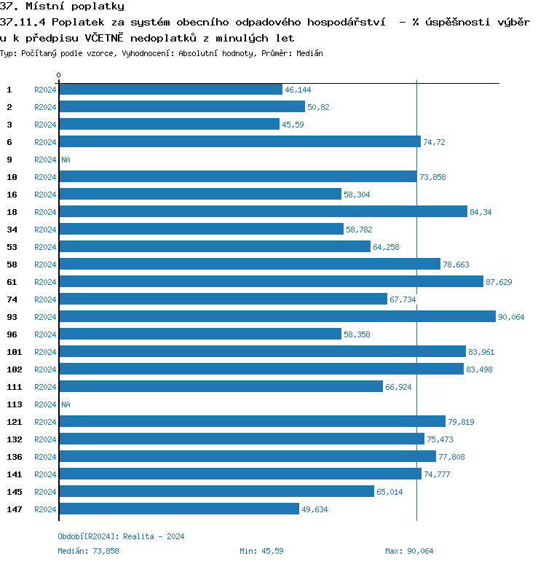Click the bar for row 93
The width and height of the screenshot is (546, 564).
coord(277,316)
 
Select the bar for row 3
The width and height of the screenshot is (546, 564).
coord(169,124)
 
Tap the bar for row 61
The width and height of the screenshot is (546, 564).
coord(271,281)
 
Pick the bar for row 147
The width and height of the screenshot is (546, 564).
coord(178,509)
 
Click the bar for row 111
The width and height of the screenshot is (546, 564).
coord(221,386)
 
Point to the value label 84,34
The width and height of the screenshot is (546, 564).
coord(481,212)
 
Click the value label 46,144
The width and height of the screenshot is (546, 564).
coord(298,90)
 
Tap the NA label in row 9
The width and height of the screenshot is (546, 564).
coord(66,160)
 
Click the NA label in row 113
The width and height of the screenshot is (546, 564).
coord(66,404)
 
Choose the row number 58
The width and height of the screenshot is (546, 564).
coord(12,265)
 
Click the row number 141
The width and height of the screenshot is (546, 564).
coord(15,474)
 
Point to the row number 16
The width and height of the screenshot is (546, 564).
coord(12,195)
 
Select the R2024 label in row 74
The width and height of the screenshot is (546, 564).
coord(45,299)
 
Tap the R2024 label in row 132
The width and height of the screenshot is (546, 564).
coord(45,439)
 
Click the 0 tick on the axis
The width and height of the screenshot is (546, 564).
coord(59,75)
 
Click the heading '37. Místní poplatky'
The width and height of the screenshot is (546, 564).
coord(62,7)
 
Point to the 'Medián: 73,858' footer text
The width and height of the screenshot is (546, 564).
coord(88,551)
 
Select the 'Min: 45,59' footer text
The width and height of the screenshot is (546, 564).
coord(261,551)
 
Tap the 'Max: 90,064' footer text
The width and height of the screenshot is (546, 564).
coord(409,551)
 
